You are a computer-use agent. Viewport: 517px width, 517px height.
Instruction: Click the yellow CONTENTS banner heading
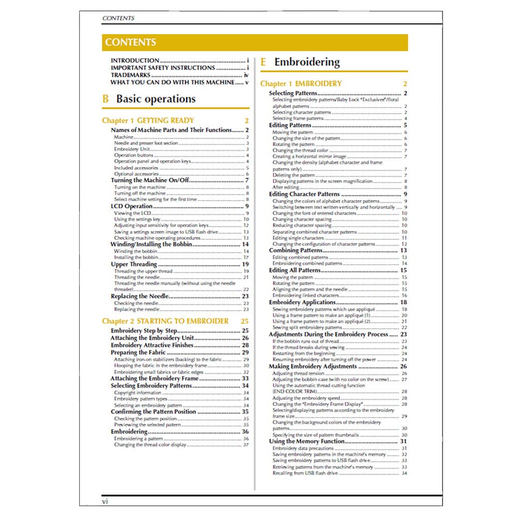tap(130, 42)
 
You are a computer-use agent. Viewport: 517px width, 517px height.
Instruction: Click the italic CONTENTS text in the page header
tap(118, 18)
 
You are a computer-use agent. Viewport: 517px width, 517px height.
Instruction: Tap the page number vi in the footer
tap(105, 501)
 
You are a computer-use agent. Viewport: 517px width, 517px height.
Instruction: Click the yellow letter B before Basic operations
tap(105, 99)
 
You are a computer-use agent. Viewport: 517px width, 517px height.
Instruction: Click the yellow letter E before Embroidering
tap(263, 62)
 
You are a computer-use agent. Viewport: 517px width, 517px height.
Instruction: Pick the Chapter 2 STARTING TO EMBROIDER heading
tap(165, 321)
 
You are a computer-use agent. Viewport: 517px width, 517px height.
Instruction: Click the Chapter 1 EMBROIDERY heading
tap(301, 83)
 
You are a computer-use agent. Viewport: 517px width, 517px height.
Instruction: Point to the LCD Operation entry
tap(132, 206)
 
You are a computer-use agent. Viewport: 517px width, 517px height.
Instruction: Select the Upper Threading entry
tap(134, 264)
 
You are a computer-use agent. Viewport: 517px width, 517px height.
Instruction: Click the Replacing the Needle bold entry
tap(140, 296)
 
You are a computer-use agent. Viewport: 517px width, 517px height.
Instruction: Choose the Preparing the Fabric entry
tap(138, 352)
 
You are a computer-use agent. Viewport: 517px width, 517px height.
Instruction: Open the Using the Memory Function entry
tap(307, 442)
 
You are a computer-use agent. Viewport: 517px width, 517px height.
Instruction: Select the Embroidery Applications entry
tap(302, 302)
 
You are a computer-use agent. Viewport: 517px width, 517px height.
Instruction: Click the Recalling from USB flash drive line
tap(305, 473)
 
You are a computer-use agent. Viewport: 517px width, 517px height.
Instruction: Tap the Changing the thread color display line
tap(150, 445)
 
